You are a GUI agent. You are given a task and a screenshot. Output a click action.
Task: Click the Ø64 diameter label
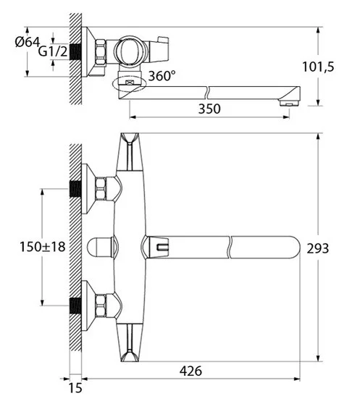point(28,42)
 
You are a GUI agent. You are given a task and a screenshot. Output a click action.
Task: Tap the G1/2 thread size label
point(53,51)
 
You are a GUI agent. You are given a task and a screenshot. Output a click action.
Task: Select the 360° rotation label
point(162,75)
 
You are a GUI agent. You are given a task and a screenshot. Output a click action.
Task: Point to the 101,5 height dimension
point(318,67)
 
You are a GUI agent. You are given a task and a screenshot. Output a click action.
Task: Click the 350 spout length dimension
point(209,109)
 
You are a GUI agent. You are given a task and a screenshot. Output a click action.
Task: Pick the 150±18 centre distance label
point(43,247)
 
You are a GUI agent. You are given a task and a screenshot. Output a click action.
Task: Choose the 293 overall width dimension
point(318,248)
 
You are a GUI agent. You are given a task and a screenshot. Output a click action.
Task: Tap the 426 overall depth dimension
point(191,371)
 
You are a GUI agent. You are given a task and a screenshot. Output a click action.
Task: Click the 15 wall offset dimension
point(75,388)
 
